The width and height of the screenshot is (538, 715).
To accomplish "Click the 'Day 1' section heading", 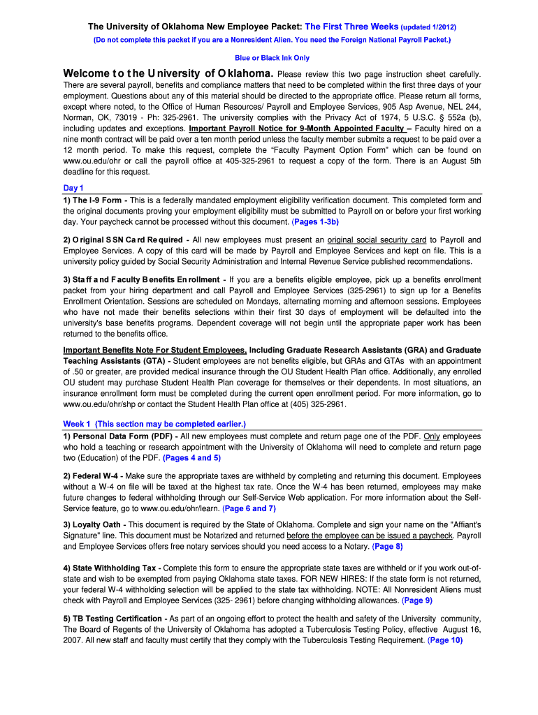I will point(73,188).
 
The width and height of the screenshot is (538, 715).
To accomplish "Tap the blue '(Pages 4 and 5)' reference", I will point(191,458).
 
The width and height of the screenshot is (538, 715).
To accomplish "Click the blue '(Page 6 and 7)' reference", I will point(249,509).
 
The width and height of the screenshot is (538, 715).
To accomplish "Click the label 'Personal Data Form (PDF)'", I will point(122,436).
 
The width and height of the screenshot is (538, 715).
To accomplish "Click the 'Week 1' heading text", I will point(77,424).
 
